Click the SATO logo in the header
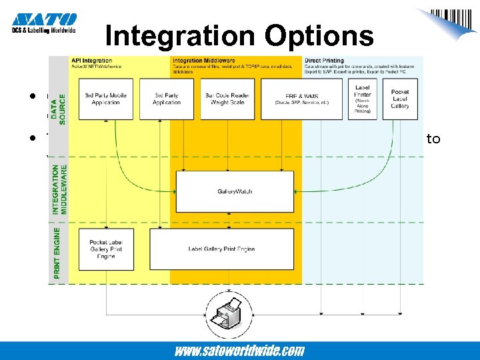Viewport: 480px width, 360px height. coord(44,21)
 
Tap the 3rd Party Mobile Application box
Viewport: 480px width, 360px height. coord(107,99)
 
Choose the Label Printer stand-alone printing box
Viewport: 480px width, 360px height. coord(363,99)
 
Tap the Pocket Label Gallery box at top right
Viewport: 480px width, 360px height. coord(400,99)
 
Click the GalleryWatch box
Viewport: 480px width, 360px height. coord(235,191)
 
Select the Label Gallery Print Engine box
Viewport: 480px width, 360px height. coord(222,249)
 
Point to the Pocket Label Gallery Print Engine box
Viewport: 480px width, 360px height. coord(107,249)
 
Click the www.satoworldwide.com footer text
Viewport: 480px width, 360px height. coord(239,351)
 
